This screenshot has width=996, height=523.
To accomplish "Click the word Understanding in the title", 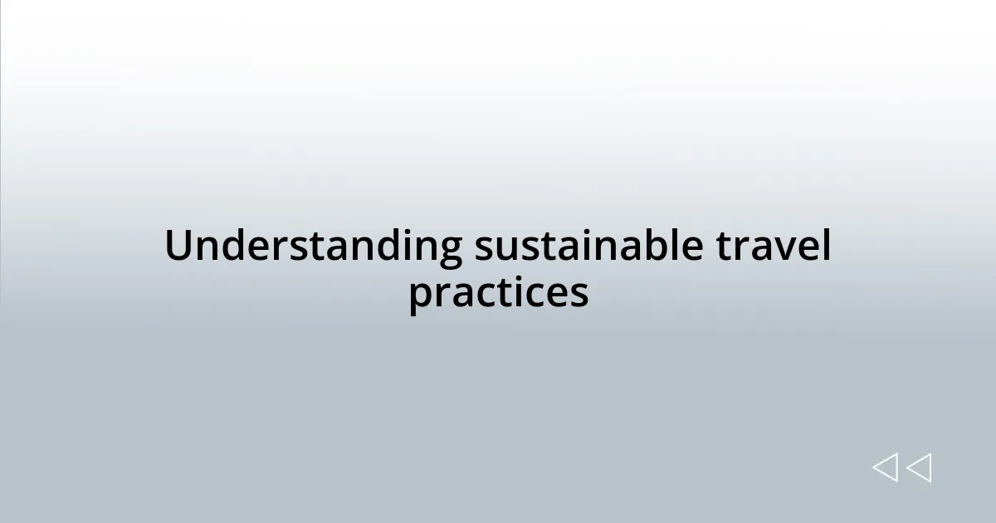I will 313,247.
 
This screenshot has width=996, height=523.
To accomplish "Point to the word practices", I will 498,293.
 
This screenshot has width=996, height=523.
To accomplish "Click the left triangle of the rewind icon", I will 885,467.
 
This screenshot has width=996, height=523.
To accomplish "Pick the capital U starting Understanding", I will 178,247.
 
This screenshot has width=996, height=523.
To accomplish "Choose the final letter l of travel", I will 824,246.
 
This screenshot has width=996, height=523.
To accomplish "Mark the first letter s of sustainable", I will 483,249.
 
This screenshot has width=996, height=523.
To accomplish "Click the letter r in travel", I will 740,249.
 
